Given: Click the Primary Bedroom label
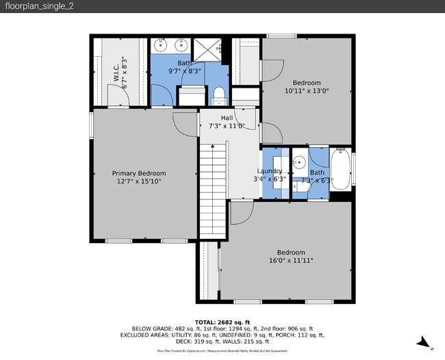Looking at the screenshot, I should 139,173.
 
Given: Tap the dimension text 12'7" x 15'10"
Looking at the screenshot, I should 139,181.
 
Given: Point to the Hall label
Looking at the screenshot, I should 227,118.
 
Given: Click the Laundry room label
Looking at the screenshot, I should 270,171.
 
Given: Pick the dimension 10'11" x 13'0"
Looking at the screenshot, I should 307,90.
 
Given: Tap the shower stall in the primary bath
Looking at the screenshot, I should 205,49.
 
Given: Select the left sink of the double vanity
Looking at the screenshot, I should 160,47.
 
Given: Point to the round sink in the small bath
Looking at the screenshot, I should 298,164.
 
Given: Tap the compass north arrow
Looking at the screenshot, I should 424,342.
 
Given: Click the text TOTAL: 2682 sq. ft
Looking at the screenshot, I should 222,322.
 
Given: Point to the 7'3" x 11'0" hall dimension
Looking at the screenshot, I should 227,126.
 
